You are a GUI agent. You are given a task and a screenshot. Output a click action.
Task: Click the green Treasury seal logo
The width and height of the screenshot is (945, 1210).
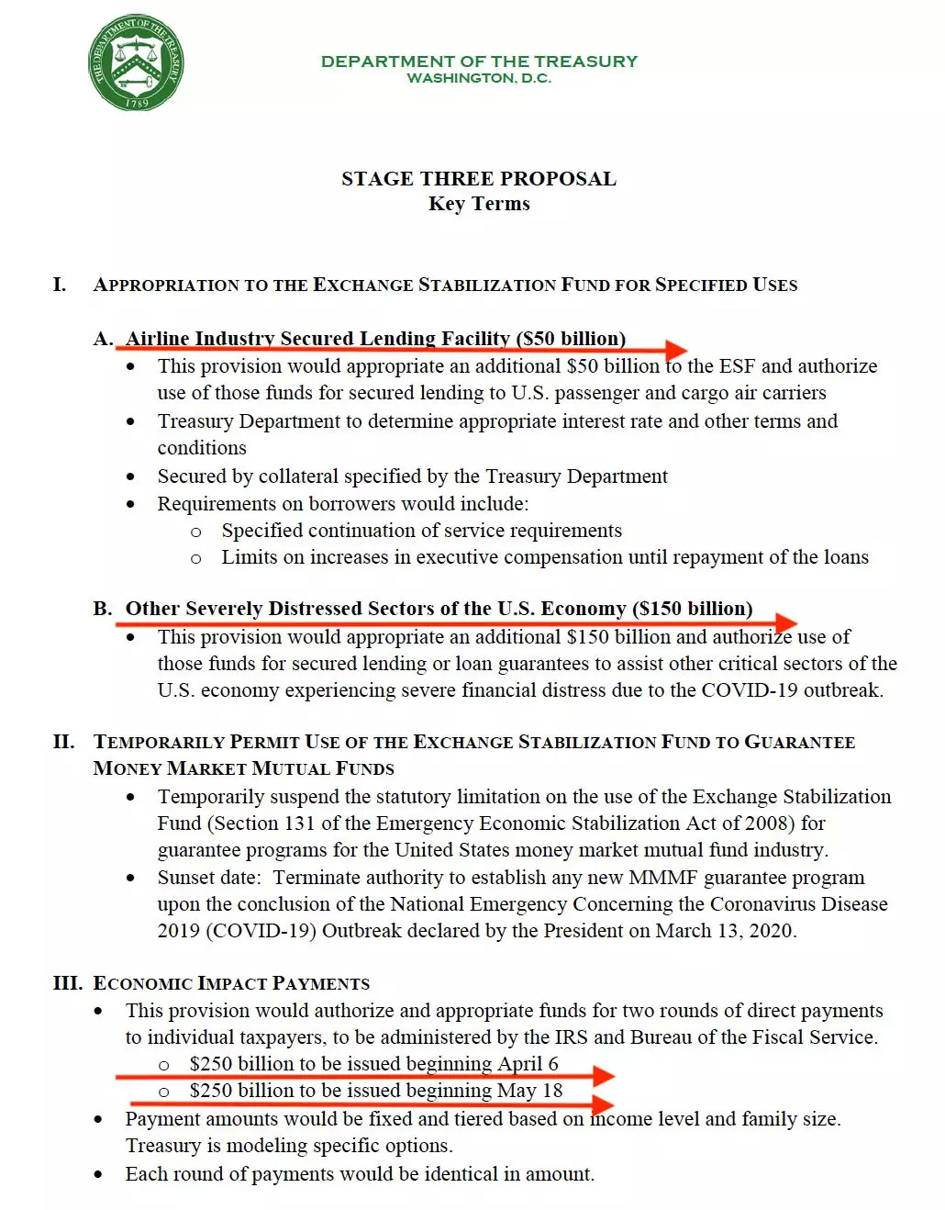coord(137,62)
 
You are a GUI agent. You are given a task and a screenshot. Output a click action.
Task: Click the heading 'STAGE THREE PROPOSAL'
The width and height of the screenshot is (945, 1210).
coord(478,178)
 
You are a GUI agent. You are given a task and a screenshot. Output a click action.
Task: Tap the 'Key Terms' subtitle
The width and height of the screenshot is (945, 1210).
coord(478,204)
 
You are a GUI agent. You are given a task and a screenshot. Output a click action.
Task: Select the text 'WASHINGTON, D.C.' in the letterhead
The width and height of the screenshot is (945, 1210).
coord(478,79)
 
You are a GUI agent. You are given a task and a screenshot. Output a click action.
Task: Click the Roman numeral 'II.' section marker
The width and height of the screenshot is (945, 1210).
coord(63,742)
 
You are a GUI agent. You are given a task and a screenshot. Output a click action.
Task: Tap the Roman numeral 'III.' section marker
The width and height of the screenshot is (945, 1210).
coord(67,983)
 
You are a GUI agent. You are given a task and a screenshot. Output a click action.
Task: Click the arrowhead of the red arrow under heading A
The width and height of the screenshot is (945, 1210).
coord(677,350)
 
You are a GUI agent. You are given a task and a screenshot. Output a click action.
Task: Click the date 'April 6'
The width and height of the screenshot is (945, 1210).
coord(528,1063)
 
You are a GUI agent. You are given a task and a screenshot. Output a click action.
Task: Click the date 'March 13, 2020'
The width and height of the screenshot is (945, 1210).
coord(724,930)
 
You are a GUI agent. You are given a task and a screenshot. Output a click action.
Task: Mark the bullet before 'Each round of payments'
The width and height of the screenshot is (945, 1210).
coord(98,1174)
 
